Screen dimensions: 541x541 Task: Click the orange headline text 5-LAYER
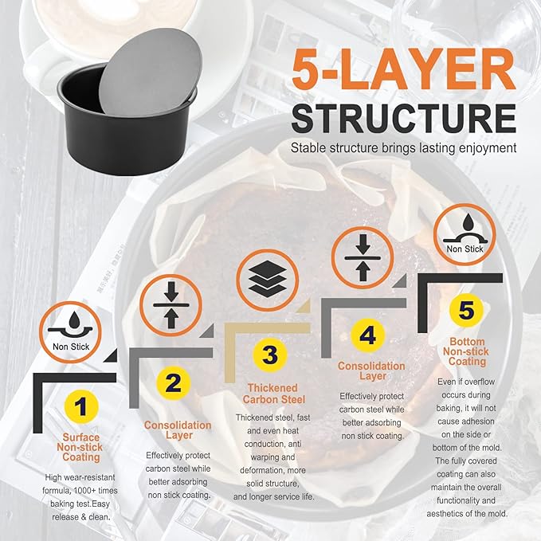click(404, 69)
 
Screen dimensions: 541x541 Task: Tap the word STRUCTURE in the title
click(404, 118)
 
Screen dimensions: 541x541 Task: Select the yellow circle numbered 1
click(81, 407)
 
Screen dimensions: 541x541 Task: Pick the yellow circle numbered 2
click(174, 383)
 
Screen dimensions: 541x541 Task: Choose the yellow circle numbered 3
click(270, 355)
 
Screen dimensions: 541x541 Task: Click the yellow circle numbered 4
click(368, 335)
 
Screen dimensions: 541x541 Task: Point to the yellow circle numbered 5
click(466, 310)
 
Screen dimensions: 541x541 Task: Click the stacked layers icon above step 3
click(268, 280)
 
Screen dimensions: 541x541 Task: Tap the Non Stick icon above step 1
click(71, 332)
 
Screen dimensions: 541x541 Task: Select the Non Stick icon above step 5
click(465, 234)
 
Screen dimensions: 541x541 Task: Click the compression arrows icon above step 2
click(171, 305)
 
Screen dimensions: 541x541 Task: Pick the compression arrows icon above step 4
click(363, 257)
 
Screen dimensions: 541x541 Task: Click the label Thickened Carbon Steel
click(273, 394)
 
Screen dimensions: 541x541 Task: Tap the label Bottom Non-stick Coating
click(466, 351)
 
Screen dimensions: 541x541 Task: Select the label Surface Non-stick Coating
click(80, 447)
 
